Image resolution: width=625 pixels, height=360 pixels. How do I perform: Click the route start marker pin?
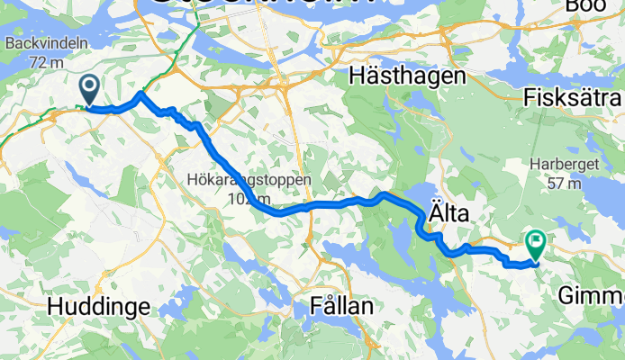[90, 89]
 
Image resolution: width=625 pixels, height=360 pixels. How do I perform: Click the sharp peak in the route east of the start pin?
[140, 93]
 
